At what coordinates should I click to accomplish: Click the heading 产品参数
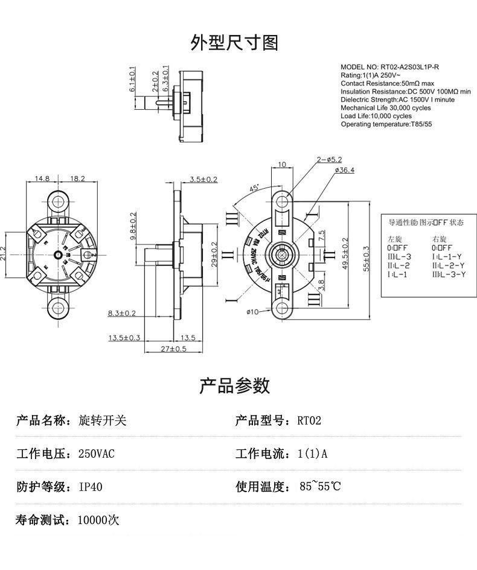(235, 385)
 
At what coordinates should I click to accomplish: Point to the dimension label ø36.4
(344, 171)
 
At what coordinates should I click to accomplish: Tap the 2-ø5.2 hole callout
(329, 160)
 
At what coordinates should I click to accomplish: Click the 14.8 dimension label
(42, 179)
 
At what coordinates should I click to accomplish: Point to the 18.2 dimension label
(78, 179)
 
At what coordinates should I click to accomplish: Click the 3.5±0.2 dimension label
(203, 179)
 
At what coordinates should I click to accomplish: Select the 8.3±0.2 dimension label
(121, 313)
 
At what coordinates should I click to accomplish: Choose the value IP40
(91, 487)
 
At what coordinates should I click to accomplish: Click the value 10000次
(98, 520)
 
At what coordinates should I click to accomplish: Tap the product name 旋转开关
(103, 420)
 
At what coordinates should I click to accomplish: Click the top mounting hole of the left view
(59, 201)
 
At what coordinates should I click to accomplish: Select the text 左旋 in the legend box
(394, 239)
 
